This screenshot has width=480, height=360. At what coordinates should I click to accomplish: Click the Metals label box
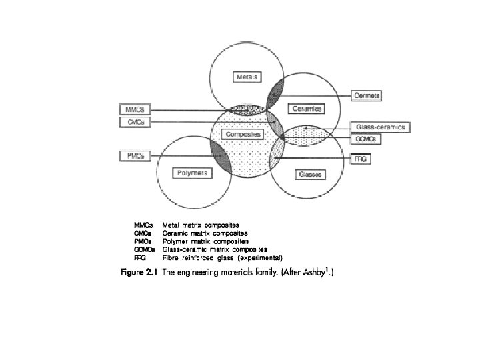pyautogui.click(x=247, y=77)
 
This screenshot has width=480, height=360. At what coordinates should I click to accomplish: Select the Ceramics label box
pyautogui.click(x=306, y=108)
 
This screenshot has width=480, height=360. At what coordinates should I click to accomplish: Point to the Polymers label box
pyautogui.click(x=193, y=173)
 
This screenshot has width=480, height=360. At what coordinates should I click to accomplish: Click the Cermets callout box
pyautogui.click(x=367, y=96)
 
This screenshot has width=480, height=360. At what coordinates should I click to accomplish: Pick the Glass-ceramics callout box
pyautogui.click(x=381, y=127)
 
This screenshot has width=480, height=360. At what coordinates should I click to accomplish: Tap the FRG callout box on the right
pyautogui.click(x=360, y=159)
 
